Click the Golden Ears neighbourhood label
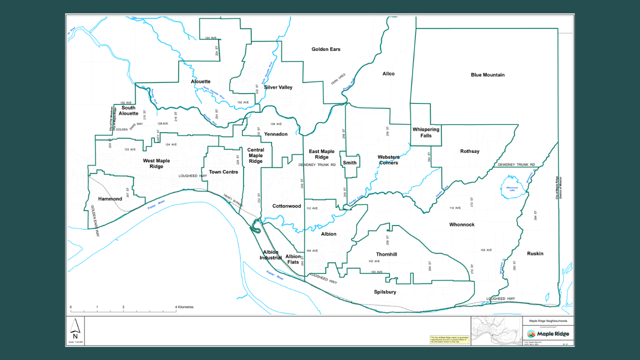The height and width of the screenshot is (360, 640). [325, 49]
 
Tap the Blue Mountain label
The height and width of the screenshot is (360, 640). [487, 75]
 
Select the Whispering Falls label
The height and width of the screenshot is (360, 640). [425, 132]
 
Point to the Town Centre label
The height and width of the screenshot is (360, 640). [223, 172]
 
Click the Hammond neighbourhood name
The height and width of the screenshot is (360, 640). [110, 199]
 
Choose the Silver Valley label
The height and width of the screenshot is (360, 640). [278, 87]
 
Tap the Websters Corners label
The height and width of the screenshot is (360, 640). [388, 159]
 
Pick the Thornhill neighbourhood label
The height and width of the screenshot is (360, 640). [386, 254]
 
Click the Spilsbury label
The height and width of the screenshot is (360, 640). [385, 292]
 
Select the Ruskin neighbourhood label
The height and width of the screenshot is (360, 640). [535, 253]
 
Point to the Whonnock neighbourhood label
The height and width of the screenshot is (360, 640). [461, 225]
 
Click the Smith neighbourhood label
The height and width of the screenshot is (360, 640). [350, 163]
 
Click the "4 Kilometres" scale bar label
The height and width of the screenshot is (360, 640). [184, 307]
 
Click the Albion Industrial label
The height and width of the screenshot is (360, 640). [270, 255]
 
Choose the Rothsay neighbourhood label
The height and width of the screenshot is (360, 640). [469, 151]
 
